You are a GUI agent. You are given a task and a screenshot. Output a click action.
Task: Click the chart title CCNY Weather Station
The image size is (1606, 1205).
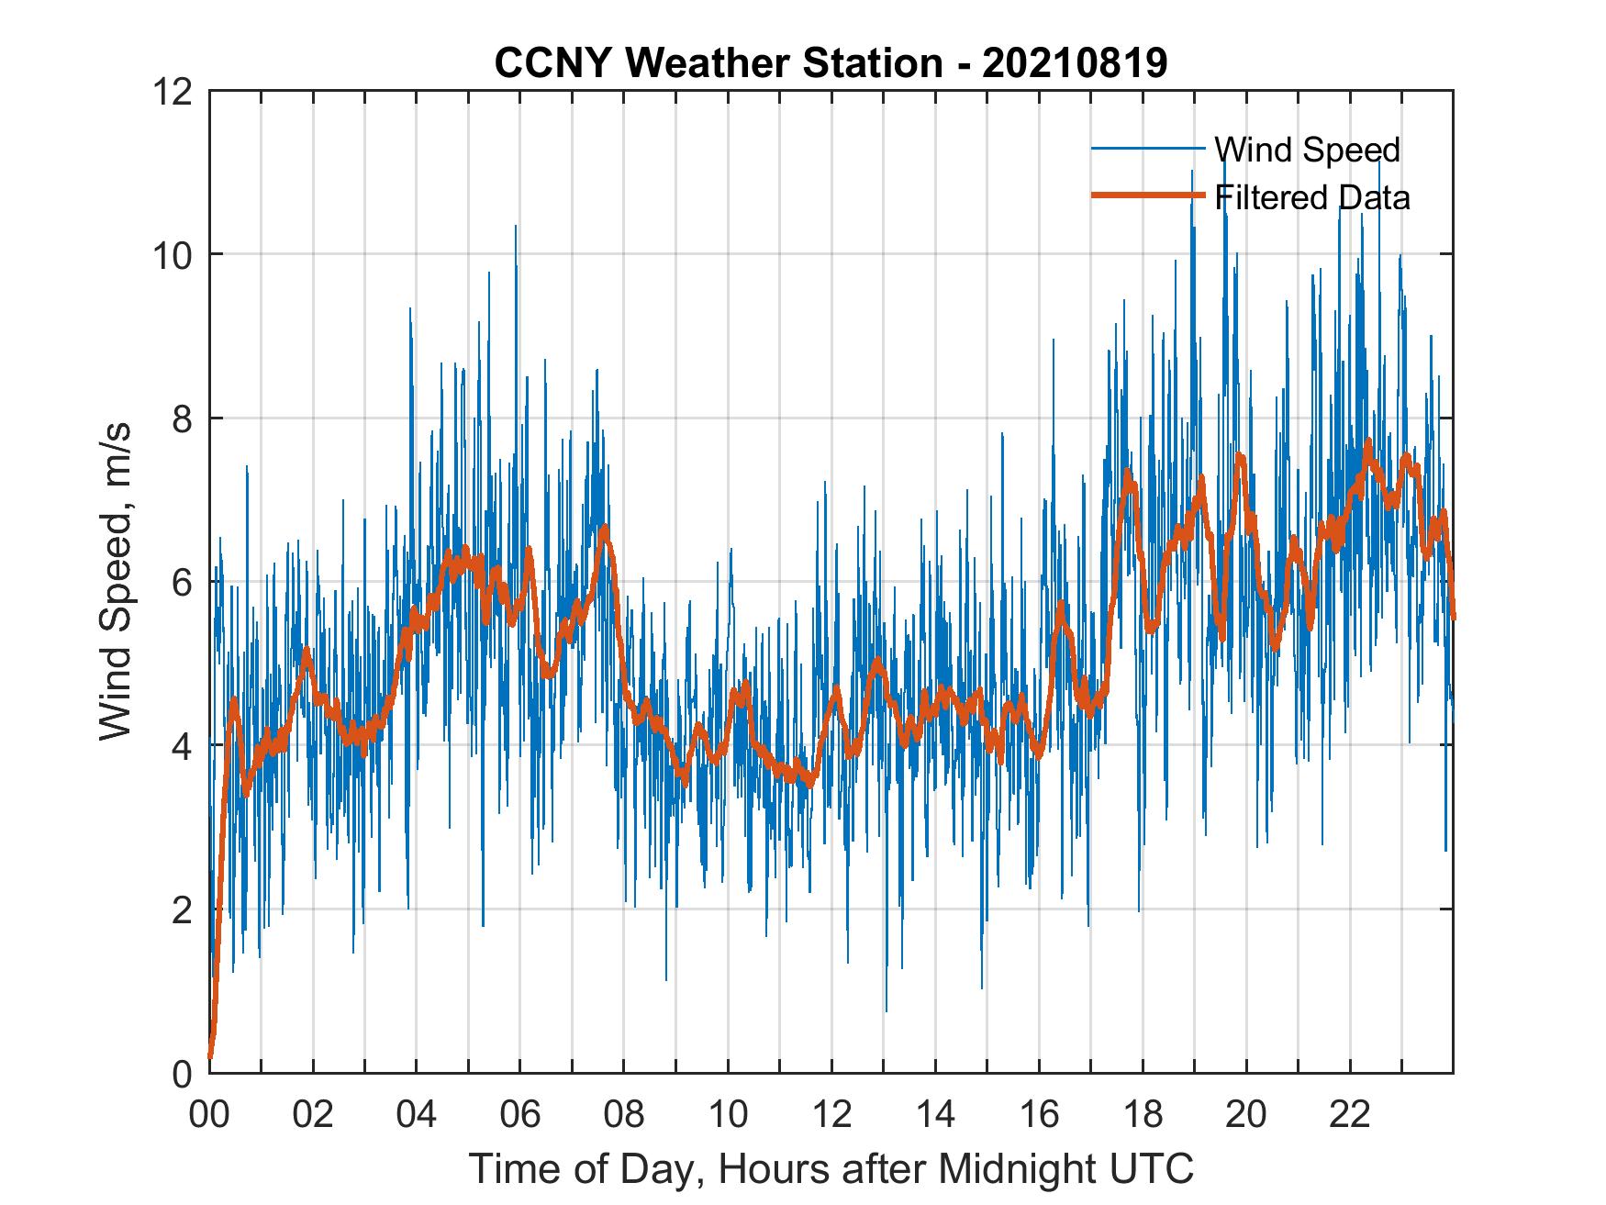tap(718, 63)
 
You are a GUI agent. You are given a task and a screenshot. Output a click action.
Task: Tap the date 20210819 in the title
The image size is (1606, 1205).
tap(1075, 63)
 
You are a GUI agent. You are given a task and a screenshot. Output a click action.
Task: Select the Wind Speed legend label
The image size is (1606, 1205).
tap(1307, 150)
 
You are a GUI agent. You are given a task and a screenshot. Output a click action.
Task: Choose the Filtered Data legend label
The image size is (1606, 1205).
tap(1311, 197)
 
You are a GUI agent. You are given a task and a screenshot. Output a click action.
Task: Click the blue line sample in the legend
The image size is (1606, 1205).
tap(1147, 149)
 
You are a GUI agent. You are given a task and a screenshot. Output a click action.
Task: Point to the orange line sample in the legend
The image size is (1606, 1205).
tap(1147, 195)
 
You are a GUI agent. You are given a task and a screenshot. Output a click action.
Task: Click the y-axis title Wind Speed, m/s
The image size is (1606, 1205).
tap(117, 581)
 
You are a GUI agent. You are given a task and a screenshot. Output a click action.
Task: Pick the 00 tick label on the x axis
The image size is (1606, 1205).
tap(210, 1115)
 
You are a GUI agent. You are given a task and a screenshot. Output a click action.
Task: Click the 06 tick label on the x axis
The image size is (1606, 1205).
tap(520, 1115)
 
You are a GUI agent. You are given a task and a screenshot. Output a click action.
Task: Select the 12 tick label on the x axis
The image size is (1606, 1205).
tap(831, 1115)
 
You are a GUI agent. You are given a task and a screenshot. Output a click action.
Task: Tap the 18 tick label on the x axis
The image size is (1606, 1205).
tap(1143, 1115)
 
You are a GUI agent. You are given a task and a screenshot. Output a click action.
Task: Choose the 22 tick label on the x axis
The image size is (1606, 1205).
tap(1350, 1115)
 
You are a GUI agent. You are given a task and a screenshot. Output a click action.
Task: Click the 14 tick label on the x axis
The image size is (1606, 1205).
tap(935, 1115)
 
